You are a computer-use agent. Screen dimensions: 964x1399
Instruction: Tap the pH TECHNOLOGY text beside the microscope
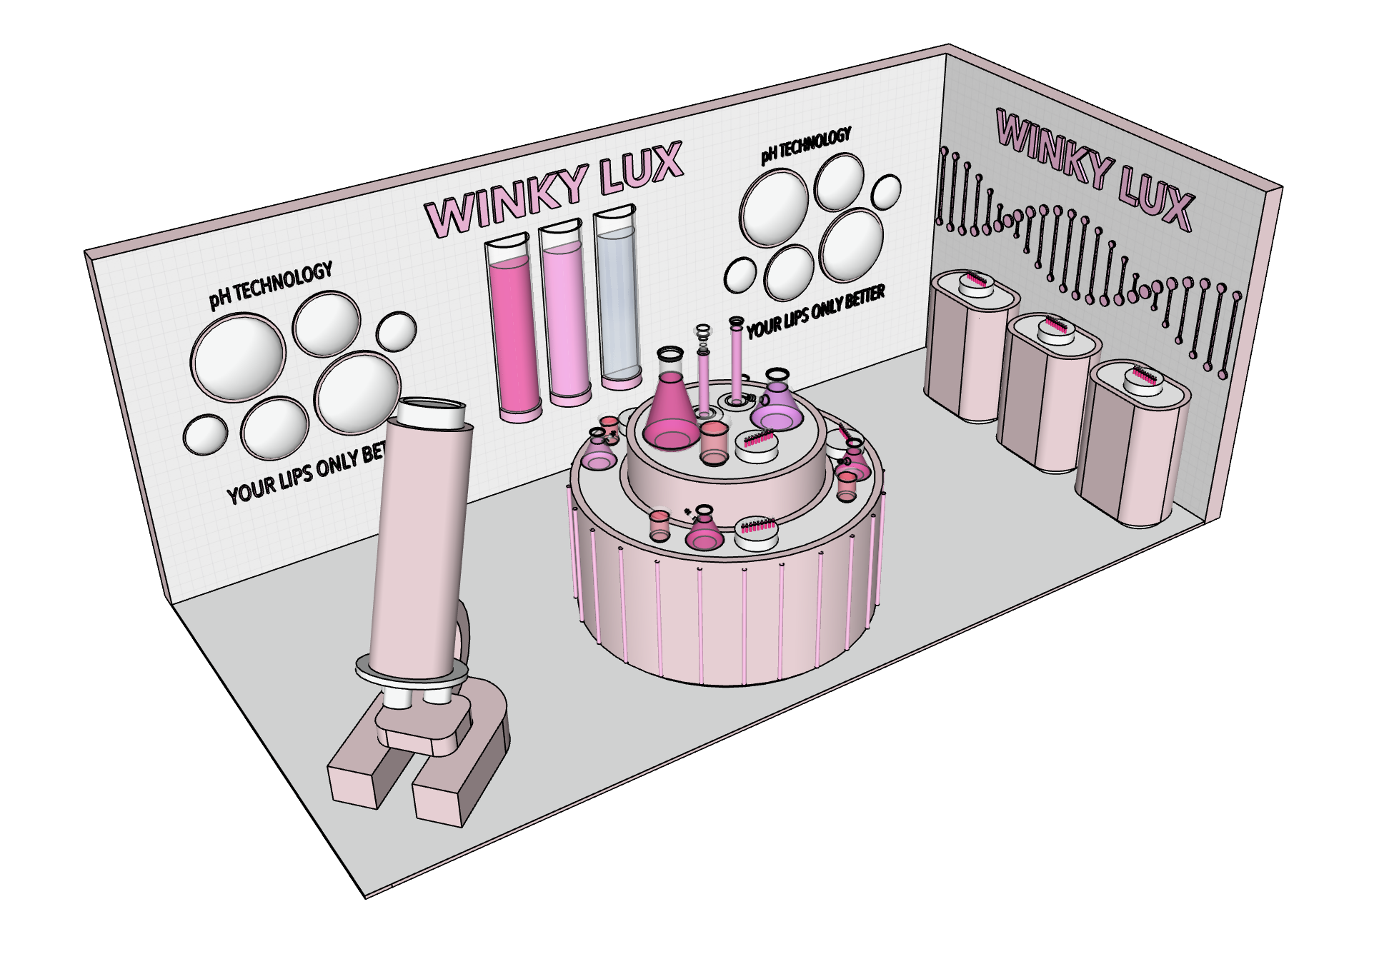pyautogui.click(x=271, y=284)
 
